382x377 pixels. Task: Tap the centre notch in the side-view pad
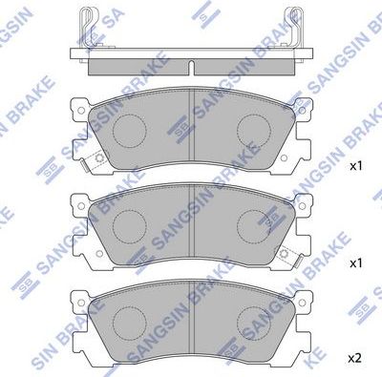(191, 67)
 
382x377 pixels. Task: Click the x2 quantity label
(354, 358)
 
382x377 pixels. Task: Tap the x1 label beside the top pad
(354, 166)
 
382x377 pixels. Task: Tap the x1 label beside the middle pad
(354, 262)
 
